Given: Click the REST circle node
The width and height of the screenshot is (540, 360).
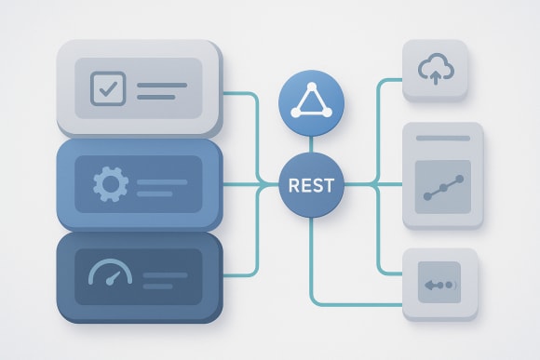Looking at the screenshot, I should pos(312,186).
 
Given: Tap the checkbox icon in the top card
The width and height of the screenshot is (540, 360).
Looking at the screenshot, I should pos(107,88).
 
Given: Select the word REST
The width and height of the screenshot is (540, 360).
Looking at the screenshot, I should pos(312,186).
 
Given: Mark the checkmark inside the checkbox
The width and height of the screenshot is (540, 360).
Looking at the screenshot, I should pos(108,88).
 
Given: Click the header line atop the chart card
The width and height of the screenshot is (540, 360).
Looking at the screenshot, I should pos(442,138).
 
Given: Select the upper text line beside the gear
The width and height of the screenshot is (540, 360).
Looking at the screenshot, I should pos(162,178).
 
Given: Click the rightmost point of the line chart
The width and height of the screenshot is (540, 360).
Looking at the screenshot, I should pos(462,175).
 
